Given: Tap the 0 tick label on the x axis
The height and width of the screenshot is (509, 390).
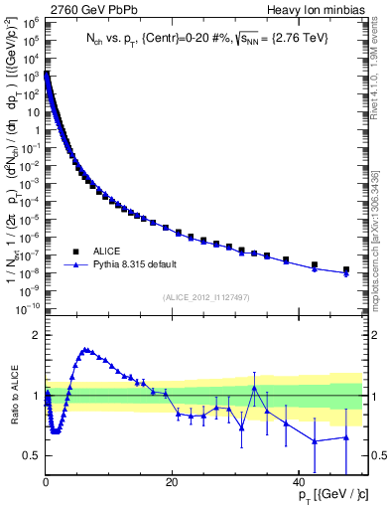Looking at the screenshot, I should pyautogui.click(x=47, y=482).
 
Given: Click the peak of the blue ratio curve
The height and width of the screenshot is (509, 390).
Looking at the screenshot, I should pyautogui.click(x=86, y=349).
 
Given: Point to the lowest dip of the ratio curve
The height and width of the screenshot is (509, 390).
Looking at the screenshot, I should pyautogui.click(x=56, y=431).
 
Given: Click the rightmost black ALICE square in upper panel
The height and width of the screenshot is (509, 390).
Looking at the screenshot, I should pyautogui.click(x=345, y=269).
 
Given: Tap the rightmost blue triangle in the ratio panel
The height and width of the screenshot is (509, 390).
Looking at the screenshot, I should pyautogui.click(x=345, y=437).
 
